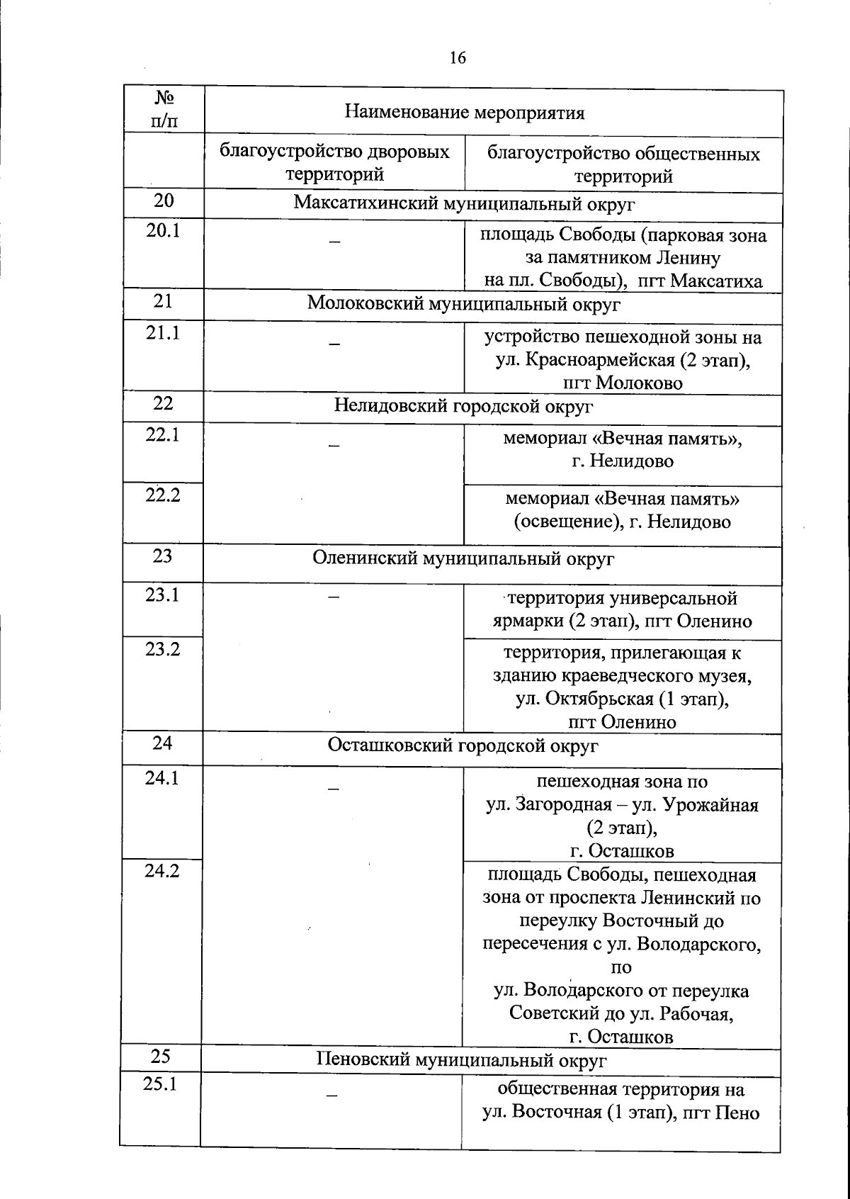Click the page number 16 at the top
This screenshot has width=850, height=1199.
pos(458,58)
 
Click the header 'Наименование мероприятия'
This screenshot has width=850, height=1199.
pos(464,113)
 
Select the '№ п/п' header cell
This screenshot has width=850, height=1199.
pos(164,109)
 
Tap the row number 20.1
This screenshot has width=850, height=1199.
pos(164,230)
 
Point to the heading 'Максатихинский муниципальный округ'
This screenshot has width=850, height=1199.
pos(464,204)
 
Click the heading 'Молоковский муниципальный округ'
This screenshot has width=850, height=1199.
pos(464,304)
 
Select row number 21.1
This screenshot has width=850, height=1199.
pos(164,332)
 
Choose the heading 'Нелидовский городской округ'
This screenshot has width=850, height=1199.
pos(463,406)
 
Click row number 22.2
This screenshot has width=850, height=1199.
pos(163,495)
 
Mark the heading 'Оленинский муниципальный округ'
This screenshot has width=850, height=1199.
pos(463,558)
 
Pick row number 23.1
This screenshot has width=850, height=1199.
pos(162,595)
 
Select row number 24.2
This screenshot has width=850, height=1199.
pos(162,870)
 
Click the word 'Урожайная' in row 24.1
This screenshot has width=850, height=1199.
pos(717,805)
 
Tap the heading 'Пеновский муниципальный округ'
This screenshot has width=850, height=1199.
pos(461,1060)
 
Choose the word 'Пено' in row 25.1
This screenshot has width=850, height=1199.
pos(737,1113)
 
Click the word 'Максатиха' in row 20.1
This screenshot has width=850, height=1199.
pos(717,281)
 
